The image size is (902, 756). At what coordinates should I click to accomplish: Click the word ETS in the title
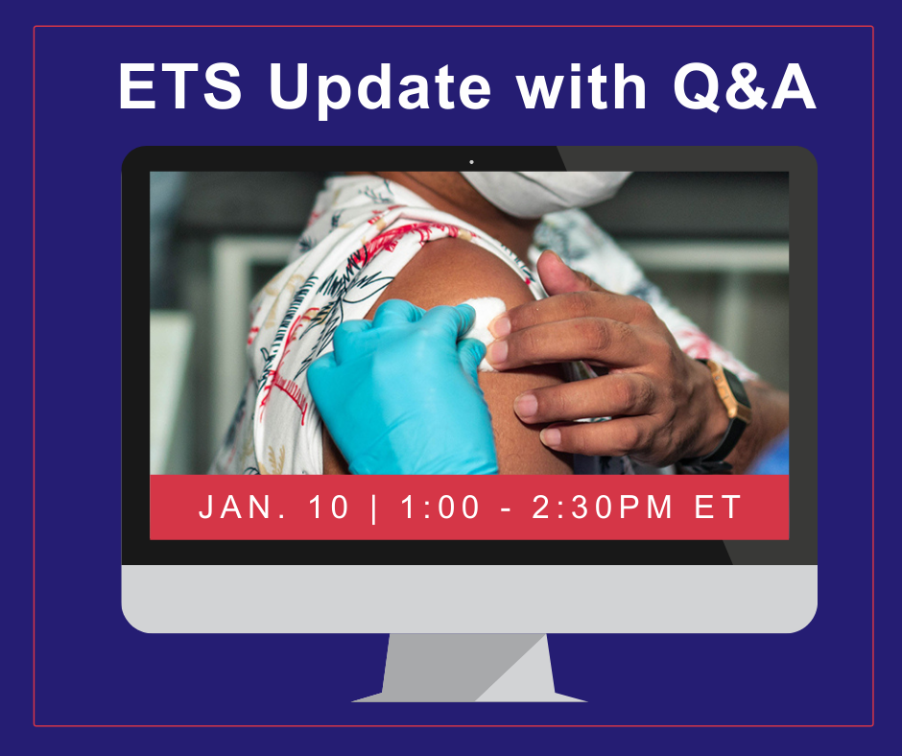pos(180,85)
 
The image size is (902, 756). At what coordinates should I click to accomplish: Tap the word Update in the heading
pos(380,90)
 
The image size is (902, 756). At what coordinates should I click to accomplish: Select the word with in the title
pos(582,85)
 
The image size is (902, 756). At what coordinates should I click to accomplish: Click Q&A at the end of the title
pos(745,86)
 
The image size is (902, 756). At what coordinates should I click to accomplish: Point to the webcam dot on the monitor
pos(472,162)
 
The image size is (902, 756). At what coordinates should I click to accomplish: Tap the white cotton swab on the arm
pos(482,328)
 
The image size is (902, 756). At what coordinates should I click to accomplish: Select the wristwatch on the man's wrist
pos(726,410)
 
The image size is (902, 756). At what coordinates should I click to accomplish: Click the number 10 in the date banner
pos(329,507)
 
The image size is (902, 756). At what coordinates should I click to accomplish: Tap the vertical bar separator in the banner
pos(375,508)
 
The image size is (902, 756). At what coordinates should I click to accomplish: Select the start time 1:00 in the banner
pos(440,507)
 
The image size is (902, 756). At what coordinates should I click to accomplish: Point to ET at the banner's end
pos(719,507)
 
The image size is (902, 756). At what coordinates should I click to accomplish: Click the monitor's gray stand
pos(469,668)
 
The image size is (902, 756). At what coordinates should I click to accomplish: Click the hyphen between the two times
pos(506,509)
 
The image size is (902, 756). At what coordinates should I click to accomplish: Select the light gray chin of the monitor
pos(469,599)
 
